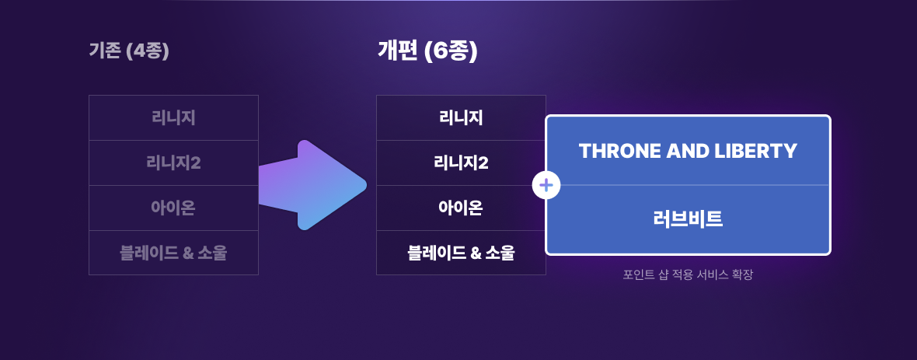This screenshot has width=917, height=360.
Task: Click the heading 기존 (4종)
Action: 129,51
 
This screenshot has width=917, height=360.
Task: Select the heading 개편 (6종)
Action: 427,51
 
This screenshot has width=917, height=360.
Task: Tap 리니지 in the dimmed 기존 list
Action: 173,118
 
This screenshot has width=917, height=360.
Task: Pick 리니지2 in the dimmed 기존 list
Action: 173,163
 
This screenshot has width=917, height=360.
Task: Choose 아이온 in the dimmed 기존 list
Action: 173,208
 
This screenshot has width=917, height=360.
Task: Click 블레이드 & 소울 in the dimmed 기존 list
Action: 173,253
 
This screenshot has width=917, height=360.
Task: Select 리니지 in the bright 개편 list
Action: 461,118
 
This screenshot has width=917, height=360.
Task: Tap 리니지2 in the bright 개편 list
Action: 461,163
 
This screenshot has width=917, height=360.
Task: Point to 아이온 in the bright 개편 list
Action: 461,208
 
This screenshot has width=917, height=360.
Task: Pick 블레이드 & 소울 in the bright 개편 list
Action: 461,253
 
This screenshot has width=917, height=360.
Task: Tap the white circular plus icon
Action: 546,186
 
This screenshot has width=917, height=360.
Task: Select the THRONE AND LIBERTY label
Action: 688,151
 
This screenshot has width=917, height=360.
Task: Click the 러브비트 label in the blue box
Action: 688,219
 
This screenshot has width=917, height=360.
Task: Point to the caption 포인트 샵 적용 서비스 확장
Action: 688,274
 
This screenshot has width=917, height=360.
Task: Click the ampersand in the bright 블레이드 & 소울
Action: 476,253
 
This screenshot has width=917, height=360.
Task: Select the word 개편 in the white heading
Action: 398,51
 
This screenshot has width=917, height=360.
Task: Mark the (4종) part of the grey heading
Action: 147,51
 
